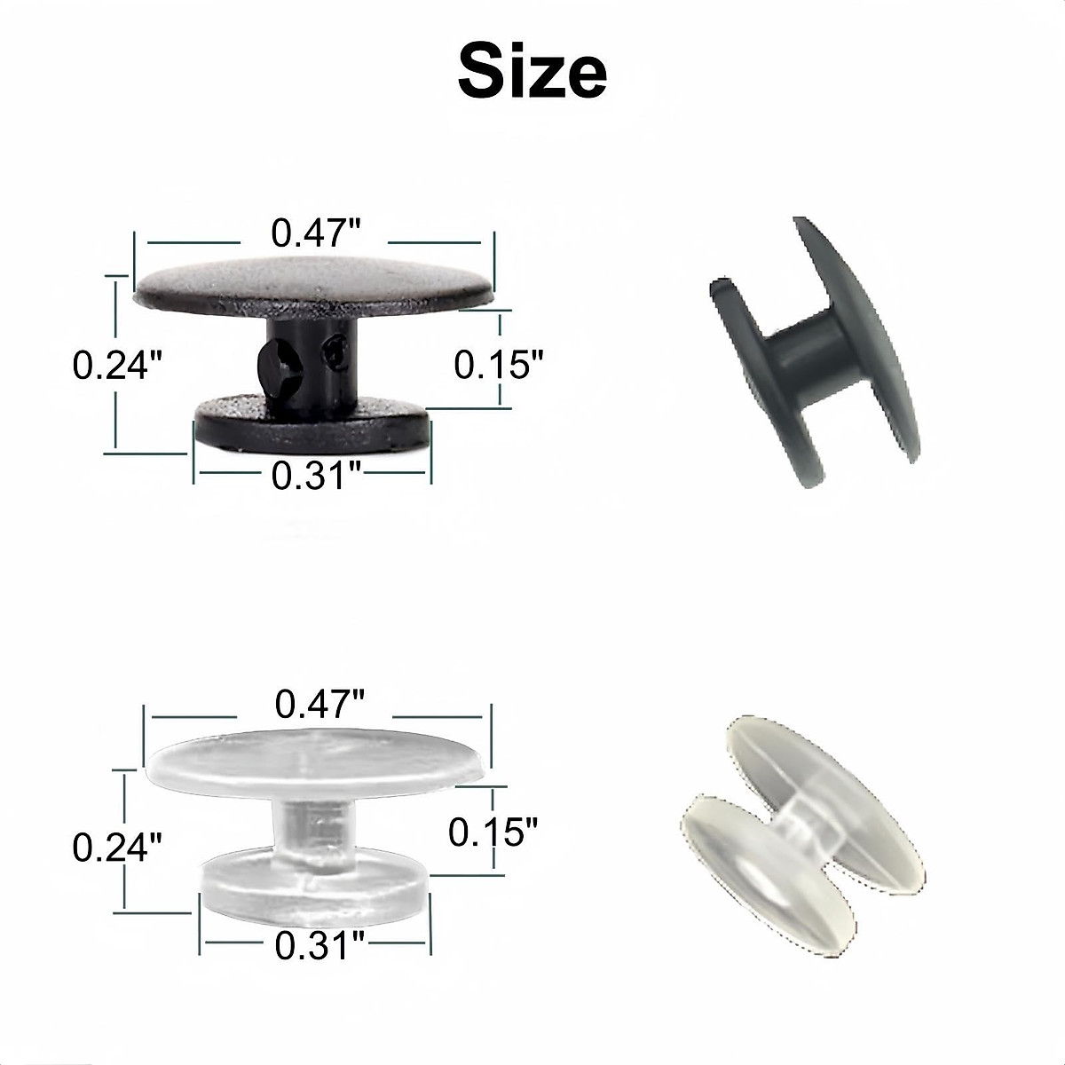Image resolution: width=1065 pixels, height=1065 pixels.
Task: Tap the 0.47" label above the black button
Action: coord(315,233)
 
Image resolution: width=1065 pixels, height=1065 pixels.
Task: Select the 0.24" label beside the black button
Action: coord(118,365)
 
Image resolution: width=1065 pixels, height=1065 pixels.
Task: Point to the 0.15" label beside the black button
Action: coord(498,364)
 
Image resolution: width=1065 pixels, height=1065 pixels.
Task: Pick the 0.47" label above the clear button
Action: coord(319,705)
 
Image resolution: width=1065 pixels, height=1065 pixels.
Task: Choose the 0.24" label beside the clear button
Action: coord(118,848)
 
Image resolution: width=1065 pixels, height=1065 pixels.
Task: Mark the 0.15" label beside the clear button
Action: coord(493,832)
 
